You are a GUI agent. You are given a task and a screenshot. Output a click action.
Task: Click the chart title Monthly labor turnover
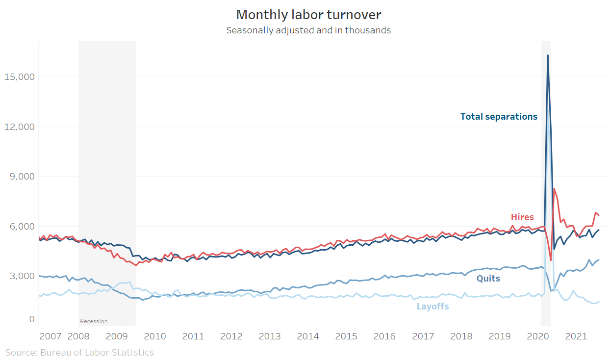coord(308,14)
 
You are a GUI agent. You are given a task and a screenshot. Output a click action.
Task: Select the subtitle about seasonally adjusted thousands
coord(308,30)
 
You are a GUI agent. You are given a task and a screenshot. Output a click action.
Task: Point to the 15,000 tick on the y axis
coord(19,77)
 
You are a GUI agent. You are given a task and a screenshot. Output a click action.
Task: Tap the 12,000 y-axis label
coord(19,127)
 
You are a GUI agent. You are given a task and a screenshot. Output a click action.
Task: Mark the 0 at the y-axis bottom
coord(32,319)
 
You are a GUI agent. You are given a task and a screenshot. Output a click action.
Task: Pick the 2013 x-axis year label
coord(270,336)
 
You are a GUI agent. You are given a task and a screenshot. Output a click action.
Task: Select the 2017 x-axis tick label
coord(423,336)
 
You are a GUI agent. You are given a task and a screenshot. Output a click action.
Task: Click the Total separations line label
coord(499,117)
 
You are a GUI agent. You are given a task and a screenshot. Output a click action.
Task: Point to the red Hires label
coord(522,217)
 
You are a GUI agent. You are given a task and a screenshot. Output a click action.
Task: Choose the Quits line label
coord(488,279)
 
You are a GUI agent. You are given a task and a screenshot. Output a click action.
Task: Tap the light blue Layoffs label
coord(432,307)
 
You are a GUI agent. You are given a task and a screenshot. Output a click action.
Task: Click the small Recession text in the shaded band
coord(94,321)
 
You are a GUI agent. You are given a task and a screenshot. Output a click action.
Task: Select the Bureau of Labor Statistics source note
coord(79,352)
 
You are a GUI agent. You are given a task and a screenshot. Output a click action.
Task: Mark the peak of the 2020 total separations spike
coord(547,55)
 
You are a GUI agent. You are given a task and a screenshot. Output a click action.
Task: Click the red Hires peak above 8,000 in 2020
coord(554,189)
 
